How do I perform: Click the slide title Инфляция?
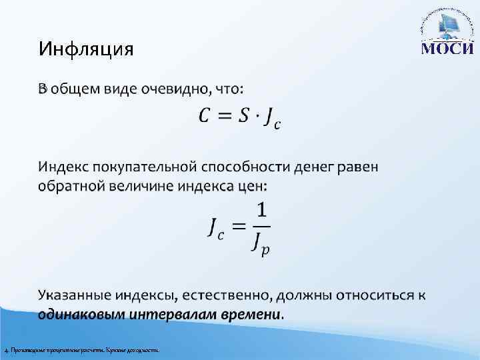(x=86, y=49)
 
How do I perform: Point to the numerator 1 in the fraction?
(x=262, y=211)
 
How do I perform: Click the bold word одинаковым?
(x=76, y=313)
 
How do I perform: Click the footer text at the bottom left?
(x=81, y=350)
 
